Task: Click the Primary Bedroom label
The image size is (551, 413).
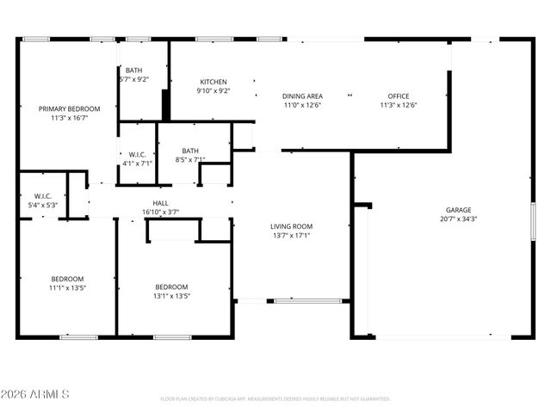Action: (x=69, y=108)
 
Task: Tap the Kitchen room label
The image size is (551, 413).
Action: (x=213, y=82)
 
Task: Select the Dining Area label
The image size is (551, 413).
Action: (x=302, y=96)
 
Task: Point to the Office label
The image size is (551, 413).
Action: (x=398, y=96)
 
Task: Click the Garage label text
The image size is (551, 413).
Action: (x=458, y=210)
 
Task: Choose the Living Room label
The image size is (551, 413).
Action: (x=291, y=226)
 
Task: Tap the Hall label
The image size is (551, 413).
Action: (x=160, y=203)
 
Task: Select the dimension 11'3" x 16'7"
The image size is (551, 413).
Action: (x=69, y=118)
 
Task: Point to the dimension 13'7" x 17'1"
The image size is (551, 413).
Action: (x=291, y=235)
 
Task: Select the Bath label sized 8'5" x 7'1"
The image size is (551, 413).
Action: (x=189, y=151)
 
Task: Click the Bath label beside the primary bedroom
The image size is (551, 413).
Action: (x=133, y=71)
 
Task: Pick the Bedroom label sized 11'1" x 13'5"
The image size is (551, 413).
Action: (x=67, y=279)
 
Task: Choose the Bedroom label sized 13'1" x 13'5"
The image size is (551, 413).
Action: (x=172, y=287)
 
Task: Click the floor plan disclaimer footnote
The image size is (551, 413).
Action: (x=275, y=399)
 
